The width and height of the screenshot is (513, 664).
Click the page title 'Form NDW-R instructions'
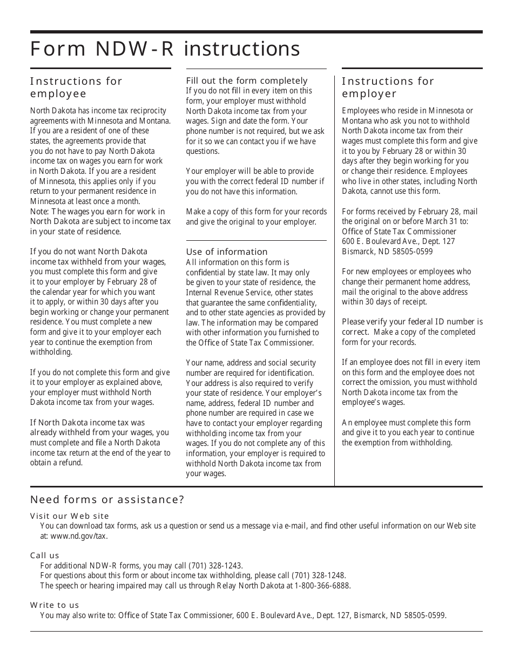(x=165, y=49)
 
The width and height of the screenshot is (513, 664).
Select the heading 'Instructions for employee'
(x=76, y=87)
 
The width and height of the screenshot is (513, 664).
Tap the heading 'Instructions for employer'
(x=388, y=87)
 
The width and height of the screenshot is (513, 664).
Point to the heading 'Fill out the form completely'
(x=247, y=80)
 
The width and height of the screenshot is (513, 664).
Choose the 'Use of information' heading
(x=227, y=252)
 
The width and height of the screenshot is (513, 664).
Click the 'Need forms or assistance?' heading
(x=107, y=499)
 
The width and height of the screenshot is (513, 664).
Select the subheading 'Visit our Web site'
(x=70, y=516)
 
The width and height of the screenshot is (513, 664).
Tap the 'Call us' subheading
(x=45, y=555)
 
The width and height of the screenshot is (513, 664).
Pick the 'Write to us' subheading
(x=55, y=605)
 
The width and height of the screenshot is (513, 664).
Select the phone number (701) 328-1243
(x=215, y=566)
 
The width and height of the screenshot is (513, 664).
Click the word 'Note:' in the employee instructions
(x=39, y=212)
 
